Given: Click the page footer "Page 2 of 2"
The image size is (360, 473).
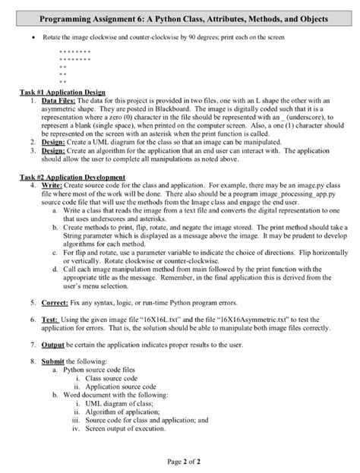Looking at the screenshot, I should click(x=179, y=460).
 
